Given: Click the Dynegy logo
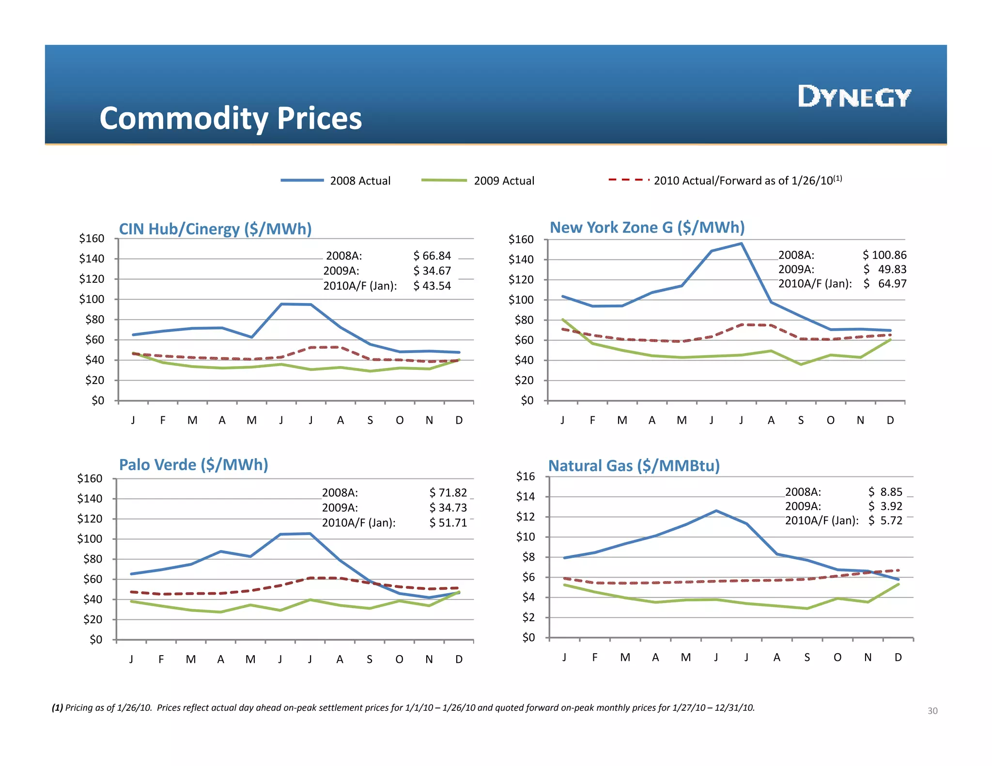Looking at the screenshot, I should [x=854, y=96].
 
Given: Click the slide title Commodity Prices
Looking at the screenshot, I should [x=231, y=118].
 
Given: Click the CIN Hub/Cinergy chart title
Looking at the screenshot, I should [x=215, y=229].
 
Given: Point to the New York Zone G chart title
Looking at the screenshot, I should [x=647, y=227].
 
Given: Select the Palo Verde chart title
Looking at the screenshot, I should [x=193, y=464].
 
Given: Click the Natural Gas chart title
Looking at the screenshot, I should [x=634, y=465].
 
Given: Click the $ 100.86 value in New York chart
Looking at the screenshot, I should [x=884, y=255].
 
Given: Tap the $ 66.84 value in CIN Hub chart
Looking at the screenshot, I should [x=432, y=256].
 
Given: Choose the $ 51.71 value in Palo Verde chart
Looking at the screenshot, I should [x=448, y=522].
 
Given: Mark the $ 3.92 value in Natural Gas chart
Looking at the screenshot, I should [x=885, y=506].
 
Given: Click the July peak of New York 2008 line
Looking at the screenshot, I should [x=741, y=244].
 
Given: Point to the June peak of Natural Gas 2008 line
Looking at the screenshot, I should [x=716, y=511].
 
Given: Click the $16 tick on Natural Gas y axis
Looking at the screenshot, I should [x=526, y=476].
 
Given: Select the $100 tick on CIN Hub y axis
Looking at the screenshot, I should [x=92, y=299].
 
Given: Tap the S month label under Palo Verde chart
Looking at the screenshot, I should [x=370, y=659].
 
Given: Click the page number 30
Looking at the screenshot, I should [x=932, y=711].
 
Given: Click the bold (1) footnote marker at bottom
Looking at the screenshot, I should [x=57, y=708].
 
